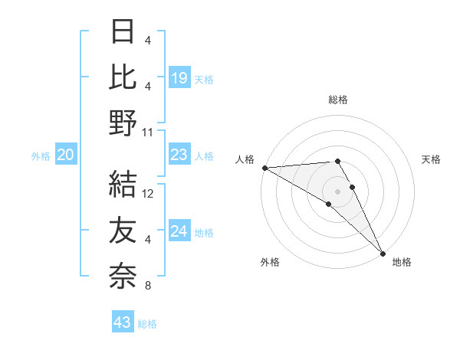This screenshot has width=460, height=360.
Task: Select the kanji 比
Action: (x=123, y=77)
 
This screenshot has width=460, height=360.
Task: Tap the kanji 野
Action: (x=123, y=122)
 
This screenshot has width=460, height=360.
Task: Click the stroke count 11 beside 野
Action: (x=148, y=132)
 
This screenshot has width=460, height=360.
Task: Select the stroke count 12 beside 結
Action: (x=149, y=194)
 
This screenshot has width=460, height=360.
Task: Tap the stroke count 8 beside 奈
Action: (x=148, y=286)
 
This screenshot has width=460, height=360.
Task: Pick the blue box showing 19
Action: (x=179, y=77)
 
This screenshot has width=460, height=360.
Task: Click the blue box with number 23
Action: (x=179, y=155)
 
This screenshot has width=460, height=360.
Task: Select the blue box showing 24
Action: (x=179, y=231)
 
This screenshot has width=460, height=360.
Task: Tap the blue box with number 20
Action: (x=65, y=155)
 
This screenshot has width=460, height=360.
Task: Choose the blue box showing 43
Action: (x=123, y=322)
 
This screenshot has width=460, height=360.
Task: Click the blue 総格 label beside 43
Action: (x=147, y=324)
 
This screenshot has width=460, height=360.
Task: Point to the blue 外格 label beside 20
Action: (x=41, y=156)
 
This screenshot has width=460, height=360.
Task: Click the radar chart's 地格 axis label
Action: (x=402, y=262)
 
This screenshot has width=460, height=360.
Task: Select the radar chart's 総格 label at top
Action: (x=338, y=100)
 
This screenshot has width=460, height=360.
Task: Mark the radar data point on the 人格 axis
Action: (x=264, y=168)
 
